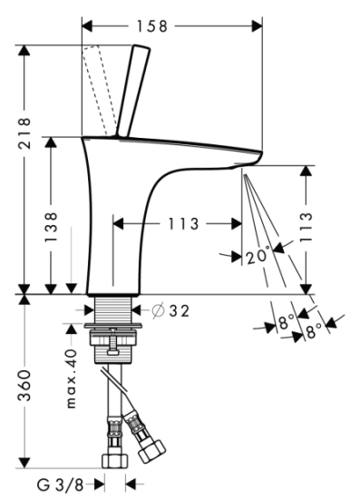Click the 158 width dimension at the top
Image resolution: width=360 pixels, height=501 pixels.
point(152,26)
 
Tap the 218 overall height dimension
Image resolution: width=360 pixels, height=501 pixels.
point(24,133)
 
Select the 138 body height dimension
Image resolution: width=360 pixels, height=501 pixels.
point(51,227)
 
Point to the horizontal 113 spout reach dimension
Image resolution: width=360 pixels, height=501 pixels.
point(183,223)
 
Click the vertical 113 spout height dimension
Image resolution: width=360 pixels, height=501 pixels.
point(306,227)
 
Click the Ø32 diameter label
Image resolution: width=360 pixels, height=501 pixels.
point(170,310)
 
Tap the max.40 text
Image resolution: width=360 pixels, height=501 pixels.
point(72,378)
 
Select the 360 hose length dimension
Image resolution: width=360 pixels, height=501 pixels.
point(24,386)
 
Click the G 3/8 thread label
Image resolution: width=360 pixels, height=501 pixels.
point(61,486)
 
